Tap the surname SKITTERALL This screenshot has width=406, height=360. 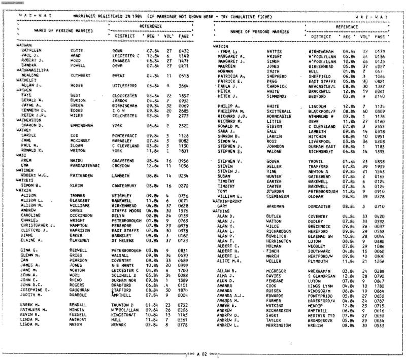(280, 111)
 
